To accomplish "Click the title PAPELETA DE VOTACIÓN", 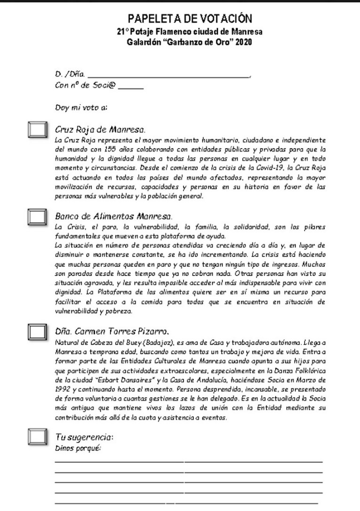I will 190,19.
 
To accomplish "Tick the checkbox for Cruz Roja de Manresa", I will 37,130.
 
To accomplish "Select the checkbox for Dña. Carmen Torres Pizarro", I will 37,331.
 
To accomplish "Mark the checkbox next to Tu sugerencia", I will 37,436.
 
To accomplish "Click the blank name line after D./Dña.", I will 169,75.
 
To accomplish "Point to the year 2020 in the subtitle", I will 243,42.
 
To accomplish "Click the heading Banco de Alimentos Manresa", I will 114,217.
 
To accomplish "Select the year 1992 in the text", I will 62,389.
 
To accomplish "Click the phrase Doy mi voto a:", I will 81,108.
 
